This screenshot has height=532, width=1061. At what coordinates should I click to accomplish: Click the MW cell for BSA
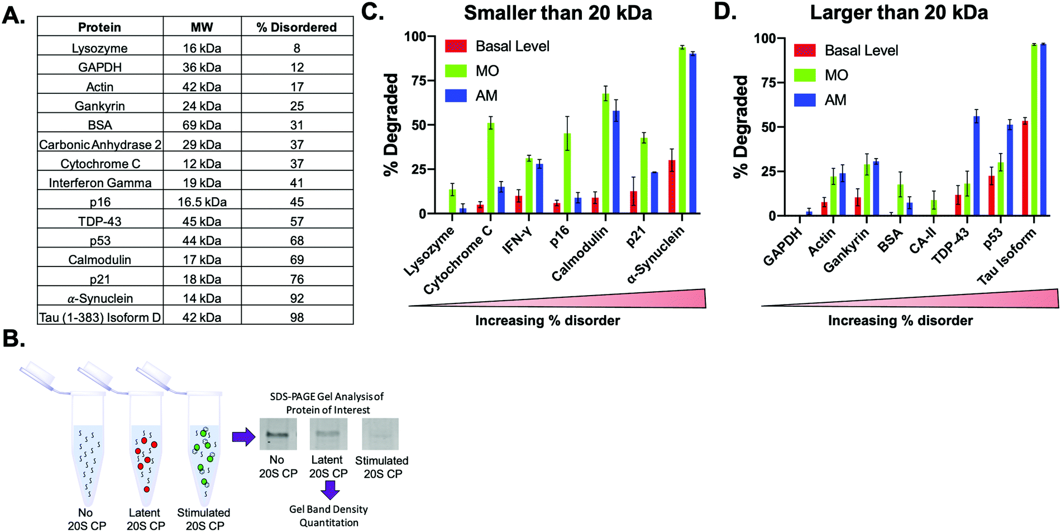click(202, 125)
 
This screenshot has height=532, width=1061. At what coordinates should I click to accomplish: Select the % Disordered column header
click(297, 27)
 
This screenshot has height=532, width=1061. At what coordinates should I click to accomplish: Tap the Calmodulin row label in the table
click(99, 259)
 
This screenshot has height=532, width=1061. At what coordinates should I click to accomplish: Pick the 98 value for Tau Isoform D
click(297, 317)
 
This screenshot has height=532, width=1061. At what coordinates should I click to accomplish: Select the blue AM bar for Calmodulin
click(616, 162)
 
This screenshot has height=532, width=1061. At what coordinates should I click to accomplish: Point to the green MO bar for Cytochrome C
click(491, 168)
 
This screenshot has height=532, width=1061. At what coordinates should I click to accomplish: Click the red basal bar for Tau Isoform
click(1025, 168)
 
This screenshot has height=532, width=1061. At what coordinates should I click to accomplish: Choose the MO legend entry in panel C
click(487, 71)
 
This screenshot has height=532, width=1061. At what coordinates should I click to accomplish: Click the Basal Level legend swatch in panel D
click(805, 50)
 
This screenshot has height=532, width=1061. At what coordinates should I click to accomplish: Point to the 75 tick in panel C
click(418, 80)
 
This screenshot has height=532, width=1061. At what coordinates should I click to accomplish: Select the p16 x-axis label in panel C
click(560, 237)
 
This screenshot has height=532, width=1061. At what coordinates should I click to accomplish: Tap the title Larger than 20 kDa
click(898, 13)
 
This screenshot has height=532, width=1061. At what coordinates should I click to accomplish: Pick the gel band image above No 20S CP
click(278, 434)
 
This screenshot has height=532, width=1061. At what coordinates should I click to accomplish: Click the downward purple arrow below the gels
click(330, 490)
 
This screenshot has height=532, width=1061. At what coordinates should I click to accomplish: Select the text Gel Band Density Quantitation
click(328, 516)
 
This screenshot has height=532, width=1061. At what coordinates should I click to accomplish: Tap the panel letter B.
click(13, 338)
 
